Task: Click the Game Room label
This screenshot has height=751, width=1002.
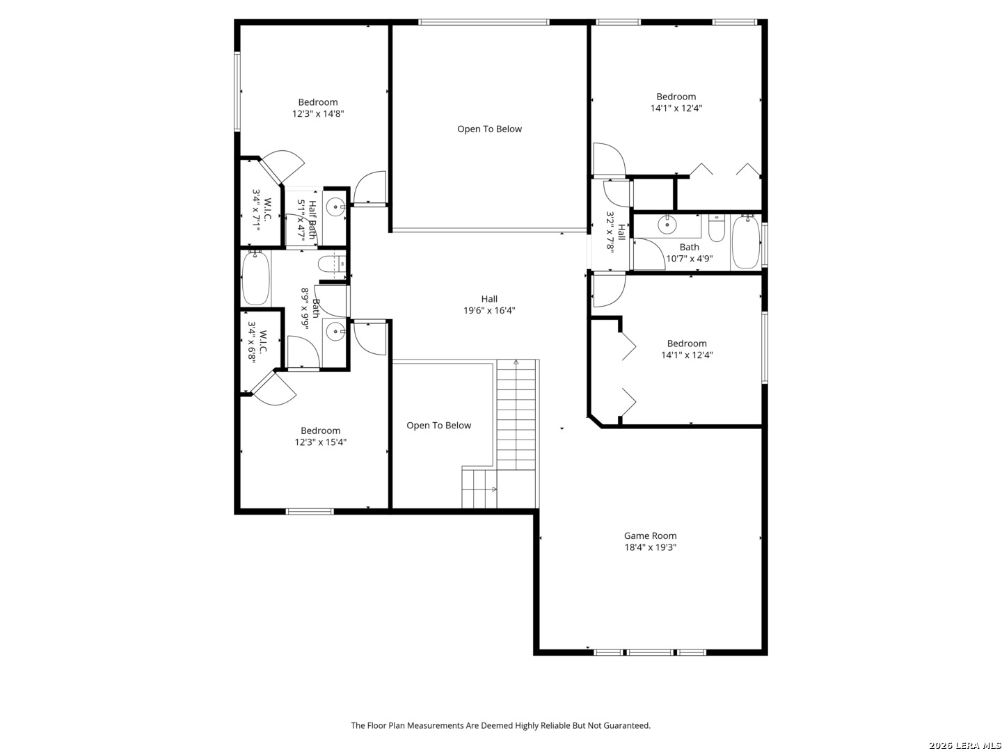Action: click(650, 535)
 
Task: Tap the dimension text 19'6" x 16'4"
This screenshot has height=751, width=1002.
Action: click(489, 311)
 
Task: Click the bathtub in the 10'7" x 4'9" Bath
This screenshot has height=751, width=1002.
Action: click(745, 242)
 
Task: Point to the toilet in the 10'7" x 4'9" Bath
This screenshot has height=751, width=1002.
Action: click(716, 229)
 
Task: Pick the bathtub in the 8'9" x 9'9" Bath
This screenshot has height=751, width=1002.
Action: click(255, 277)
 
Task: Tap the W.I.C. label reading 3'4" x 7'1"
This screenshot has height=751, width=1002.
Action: click(262, 210)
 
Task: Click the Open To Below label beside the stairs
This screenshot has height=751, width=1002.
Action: click(438, 426)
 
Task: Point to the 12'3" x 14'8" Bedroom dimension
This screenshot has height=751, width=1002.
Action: click(318, 113)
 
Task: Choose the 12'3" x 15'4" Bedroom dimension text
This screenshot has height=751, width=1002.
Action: click(321, 442)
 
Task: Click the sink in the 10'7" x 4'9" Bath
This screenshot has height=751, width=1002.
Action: click(667, 225)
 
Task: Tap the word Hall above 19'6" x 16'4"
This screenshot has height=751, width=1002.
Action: click(489, 299)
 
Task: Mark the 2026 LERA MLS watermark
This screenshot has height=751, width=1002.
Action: click(964, 745)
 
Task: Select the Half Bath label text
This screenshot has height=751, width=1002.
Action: click(312, 220)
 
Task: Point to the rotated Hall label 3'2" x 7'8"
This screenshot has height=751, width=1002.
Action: click(616, 231)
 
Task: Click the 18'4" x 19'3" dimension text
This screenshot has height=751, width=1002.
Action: click(650, 547)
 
